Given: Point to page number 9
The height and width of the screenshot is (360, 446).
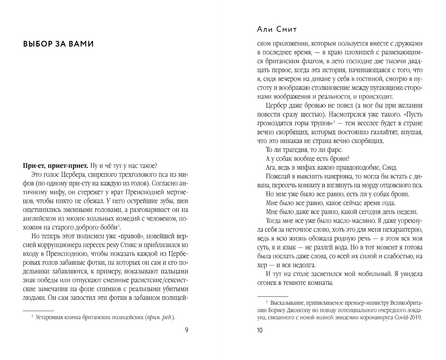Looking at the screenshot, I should coord(186,330).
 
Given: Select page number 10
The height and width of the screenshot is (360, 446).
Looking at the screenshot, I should coord(260,330).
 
